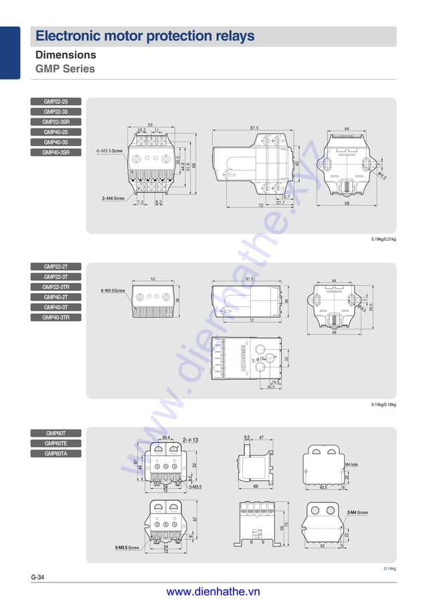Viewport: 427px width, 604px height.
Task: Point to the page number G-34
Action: click(37, 577)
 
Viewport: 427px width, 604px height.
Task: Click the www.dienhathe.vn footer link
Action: click(213, 591)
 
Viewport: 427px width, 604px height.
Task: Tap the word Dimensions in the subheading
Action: click(66, 55)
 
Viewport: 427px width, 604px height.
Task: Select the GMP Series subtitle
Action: click(65, 68)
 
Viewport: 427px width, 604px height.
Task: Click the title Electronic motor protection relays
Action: click(145, 36)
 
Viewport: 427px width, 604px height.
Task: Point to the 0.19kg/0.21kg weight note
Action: click(383, 239)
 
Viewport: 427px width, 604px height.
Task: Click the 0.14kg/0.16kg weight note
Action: click(383, 405)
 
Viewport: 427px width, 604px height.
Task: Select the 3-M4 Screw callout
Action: click(113, 199)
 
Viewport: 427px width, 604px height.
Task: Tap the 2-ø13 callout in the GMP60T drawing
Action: click(195, 439)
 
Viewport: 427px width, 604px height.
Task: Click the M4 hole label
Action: click(351, 464)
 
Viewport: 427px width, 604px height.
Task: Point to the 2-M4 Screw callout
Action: click(357, 512)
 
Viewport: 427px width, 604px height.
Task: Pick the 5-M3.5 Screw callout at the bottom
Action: click(126, 548)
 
